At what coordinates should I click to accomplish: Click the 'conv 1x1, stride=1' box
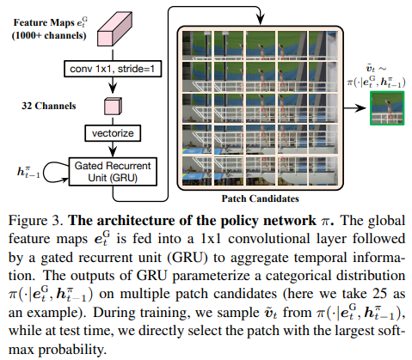click(113, 69)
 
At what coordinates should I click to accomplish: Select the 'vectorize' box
click(113, 133)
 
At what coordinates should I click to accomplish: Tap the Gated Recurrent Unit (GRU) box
click(113, 172)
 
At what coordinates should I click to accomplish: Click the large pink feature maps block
click(114, 29)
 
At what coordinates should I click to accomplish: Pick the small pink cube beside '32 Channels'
click(113, 107)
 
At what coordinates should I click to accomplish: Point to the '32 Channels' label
click(49, 106)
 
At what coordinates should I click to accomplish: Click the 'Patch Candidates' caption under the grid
click(260, 198)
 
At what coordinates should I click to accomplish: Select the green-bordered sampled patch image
click(387, 108)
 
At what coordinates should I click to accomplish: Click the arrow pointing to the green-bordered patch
click(354, 108)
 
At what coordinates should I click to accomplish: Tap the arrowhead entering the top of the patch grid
click(260, 21)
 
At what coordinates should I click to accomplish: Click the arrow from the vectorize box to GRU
click(113, 149)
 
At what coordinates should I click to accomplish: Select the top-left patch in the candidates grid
click(197, 45)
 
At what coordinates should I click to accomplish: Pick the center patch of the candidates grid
click(260, 108)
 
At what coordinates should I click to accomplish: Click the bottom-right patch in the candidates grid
click(323, 171)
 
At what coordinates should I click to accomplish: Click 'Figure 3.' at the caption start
click(35, 221)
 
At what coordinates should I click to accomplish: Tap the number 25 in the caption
click(379, 294)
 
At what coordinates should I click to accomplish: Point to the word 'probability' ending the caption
click(71, 350)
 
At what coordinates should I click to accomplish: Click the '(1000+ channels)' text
click(49, 35)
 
